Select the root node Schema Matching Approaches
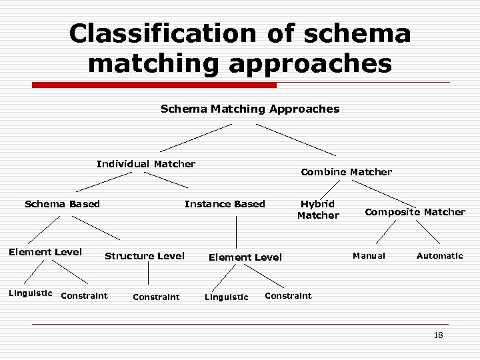pos(250,109)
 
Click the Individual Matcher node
pos(146,164)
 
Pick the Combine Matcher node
pos(346,172)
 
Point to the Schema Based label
pos(62,204)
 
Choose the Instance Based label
pos(225,204)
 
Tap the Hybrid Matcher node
pos(318,209)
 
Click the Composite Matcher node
pos(415,212)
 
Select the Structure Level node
pos(145,256)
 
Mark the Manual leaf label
pos(369,256)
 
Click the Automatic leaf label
pos(439,256)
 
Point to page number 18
pos(438,335)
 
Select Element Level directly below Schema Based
pos(45,252)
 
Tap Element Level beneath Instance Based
pos(245,257)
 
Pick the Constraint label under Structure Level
pos(156,297)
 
